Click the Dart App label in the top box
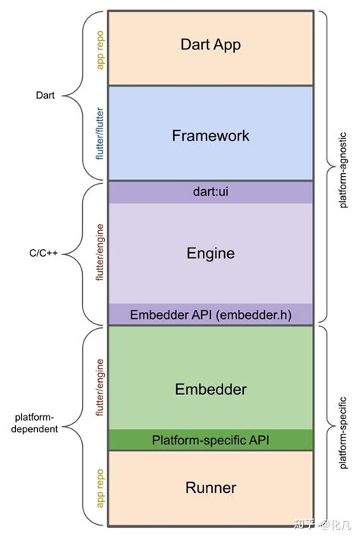coord(210,45)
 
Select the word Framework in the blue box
coord(210,136)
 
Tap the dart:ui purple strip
coord(210,192)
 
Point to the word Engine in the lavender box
coord(210,254)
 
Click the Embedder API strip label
coord(210,314)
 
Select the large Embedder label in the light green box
coord(210,390)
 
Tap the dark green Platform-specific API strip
coord(210,440)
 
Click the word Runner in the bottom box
coord(210,488)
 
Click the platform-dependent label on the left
coord(39,422)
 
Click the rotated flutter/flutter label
coord(99,134)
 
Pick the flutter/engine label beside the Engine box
coord(99,253)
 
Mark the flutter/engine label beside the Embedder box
coord(99,388)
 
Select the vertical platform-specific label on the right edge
coord(343,425)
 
